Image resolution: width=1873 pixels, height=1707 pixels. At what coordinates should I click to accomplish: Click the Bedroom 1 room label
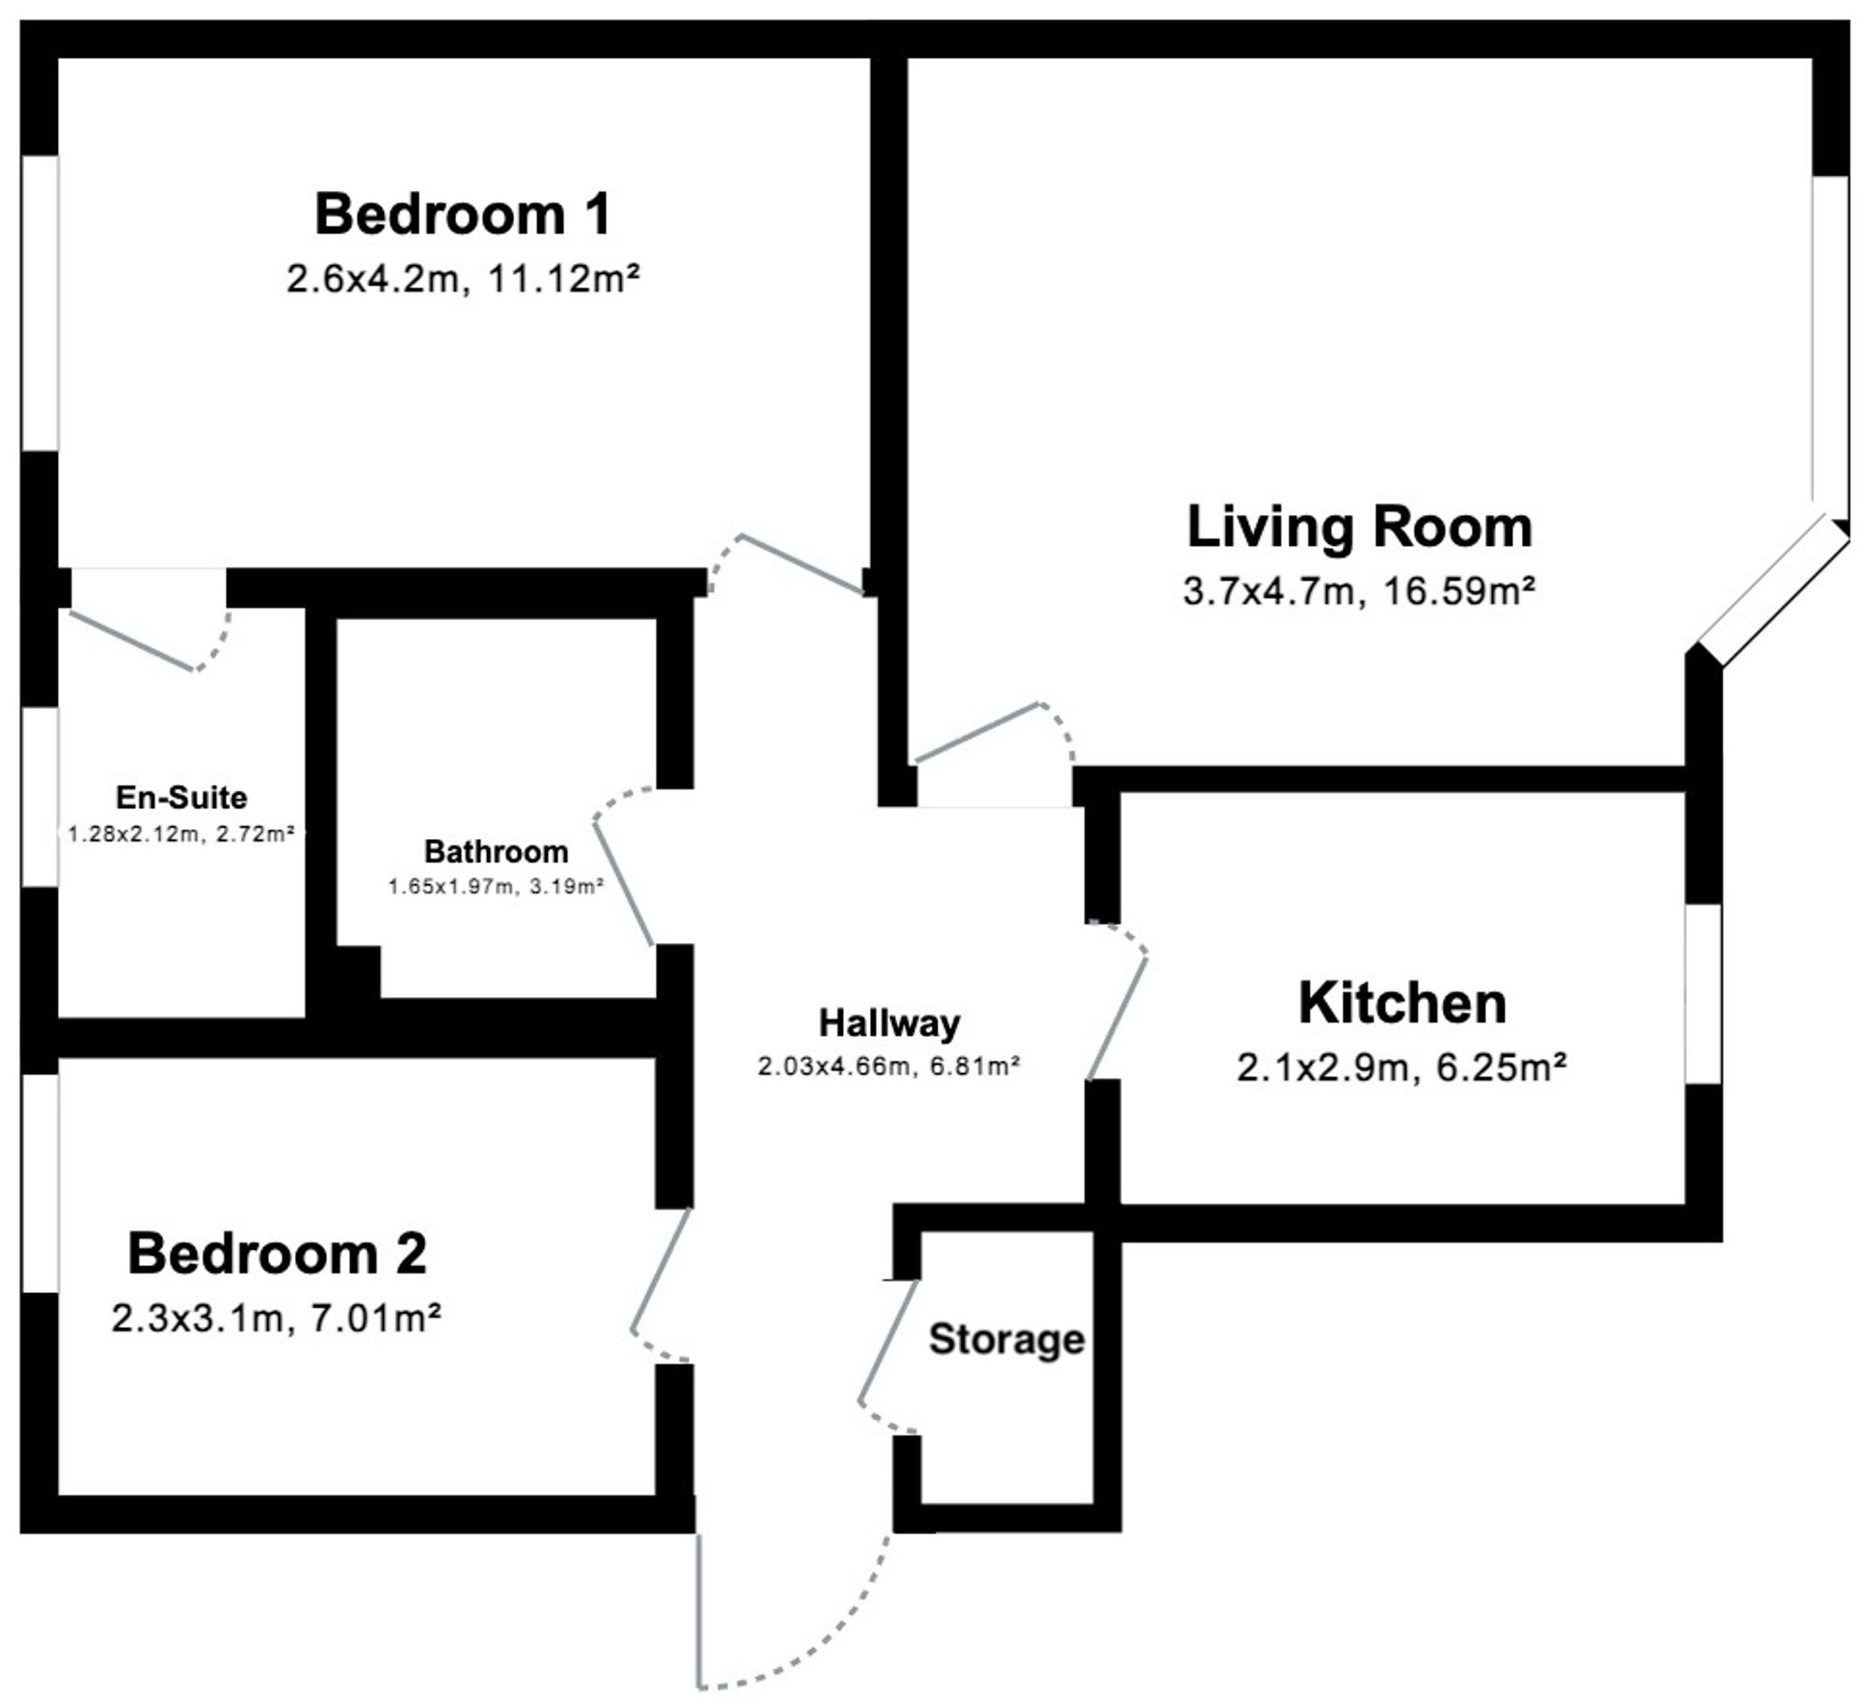pyautogui.click(x=463, y=214)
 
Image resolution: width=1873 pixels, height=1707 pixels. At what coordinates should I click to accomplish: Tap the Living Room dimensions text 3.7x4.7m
pyautogui.click(x=1269, y=592)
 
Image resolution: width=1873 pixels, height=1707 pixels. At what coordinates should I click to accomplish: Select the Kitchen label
pyautogui.click(x=1402, y=1003)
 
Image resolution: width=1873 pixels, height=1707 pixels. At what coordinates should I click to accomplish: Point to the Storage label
pyautogui.click(x=1007, y=1340)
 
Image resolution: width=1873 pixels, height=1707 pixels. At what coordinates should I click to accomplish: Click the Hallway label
pyautogui.click(x=890, y=1023)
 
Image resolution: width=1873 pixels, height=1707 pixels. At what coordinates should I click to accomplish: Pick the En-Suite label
pyautogui.click(x=182, y=798)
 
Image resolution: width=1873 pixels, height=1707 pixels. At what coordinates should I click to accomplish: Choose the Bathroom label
pyautogui.click(x=496, y=851)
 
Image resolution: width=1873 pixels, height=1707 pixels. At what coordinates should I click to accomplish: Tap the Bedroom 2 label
pyautogui.click(x=277, y=1254)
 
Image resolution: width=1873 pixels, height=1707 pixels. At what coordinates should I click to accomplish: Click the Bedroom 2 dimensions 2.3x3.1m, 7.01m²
pyautogui.click(x=276, y=1318)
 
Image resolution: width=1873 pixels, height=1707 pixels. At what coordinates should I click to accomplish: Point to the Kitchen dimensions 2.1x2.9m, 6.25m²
pyautogui.click(x=1402, y=1067)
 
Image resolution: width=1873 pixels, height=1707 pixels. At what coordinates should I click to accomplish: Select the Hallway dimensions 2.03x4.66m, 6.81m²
pyautogui.click(x=889, y=1066)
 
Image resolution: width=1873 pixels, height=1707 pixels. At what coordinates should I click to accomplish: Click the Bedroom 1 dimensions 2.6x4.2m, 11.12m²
pyautogui.click(x=463, y=279)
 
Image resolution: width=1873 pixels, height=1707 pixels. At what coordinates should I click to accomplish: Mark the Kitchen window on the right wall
pyautogui.click(x=1703, y=993)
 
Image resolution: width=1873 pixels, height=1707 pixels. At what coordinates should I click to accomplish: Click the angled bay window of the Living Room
pyautogui.click(x=1775, y=590)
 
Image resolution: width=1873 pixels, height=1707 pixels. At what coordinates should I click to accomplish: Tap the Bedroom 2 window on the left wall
pyautogui.click(x=40, y=1183)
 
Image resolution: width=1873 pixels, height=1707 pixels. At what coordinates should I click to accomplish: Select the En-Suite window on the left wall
pyautogui.click(x=40, y=797)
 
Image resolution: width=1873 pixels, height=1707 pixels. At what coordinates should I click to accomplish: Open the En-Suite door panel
pyautogui.click(x=132, y=640)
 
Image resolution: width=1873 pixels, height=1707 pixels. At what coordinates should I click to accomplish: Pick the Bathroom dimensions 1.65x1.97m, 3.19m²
pyautogui.click(x=496, y=886)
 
